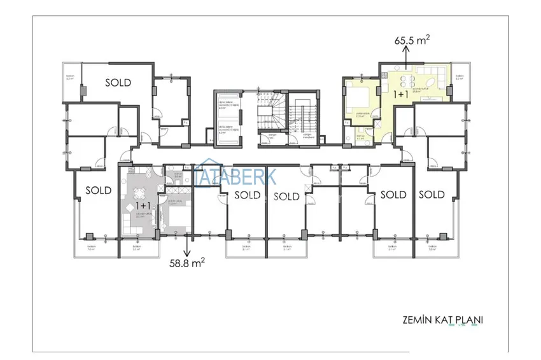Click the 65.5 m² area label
412,40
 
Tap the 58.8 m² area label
186,260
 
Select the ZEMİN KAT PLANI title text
442,320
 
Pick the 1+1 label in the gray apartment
143,206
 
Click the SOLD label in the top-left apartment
118,83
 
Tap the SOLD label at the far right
432,195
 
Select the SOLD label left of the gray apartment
99,190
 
